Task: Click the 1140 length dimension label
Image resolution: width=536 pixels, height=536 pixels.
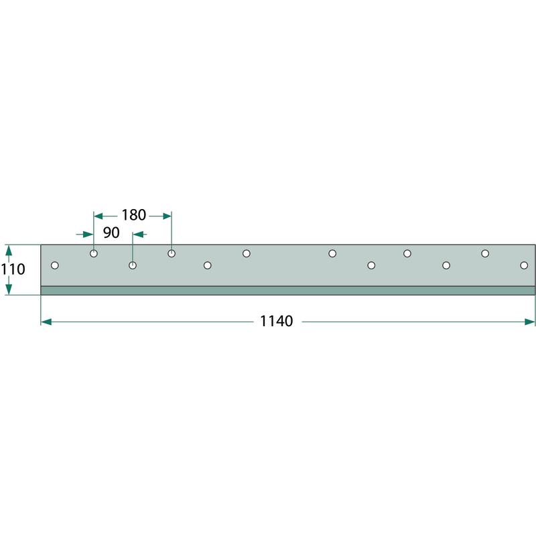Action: pyautogui.click(x=276, y=322)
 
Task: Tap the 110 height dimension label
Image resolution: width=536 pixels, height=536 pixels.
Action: pyautogui.click(x=13, y=269)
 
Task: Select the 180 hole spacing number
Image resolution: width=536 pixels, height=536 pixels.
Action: pyautogui.click(x=133, y=215)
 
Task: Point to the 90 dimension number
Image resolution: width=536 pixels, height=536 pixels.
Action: pyautogui.click(x=111, y=232)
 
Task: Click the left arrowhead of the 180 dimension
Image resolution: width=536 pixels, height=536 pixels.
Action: pyautogui.click(x=98, y=216)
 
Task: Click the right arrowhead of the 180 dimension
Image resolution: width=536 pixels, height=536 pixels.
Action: pyautogui.click(x=167, y=216)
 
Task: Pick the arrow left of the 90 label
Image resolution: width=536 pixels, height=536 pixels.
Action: pyautogui.click(x=84, y=234)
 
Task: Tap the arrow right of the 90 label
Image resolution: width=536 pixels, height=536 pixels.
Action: pyautogui.click(x=140, y=234)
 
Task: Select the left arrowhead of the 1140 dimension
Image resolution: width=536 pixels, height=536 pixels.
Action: pyautogui.click(x=46, y=322)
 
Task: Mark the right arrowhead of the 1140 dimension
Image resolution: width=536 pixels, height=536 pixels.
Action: pyautogui.click(x=529, y=322)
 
